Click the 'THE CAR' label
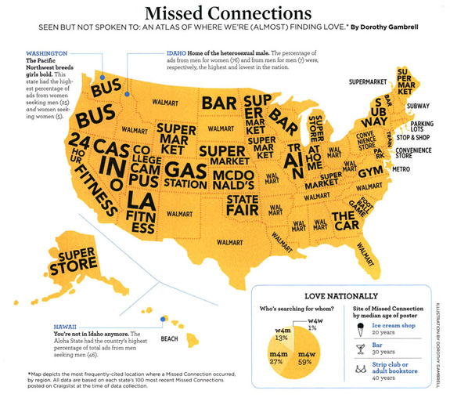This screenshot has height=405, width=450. (349, 217)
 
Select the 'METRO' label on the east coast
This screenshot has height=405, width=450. (403, 168)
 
